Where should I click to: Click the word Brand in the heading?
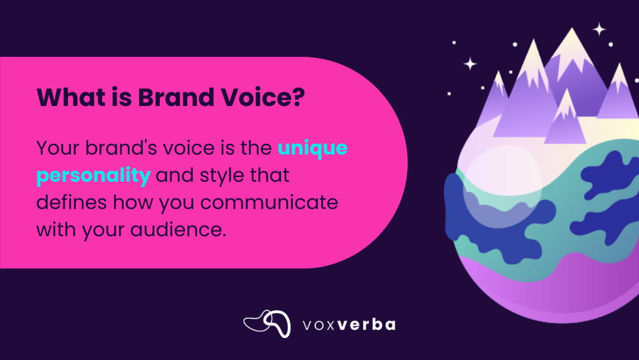coord(176,97)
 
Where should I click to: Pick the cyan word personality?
coord(93,176)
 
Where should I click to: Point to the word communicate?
coord(269,202)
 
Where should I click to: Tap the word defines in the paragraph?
coord(72,202)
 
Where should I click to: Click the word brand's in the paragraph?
coord(121,147)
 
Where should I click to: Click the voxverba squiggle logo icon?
coord(267,324)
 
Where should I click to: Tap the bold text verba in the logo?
coord(367,324)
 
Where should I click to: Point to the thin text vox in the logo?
coord(319,325)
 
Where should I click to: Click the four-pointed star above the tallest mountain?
coord(599,30)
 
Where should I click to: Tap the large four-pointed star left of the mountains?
coord(470,63)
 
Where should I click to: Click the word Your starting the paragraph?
coord(58,147)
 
